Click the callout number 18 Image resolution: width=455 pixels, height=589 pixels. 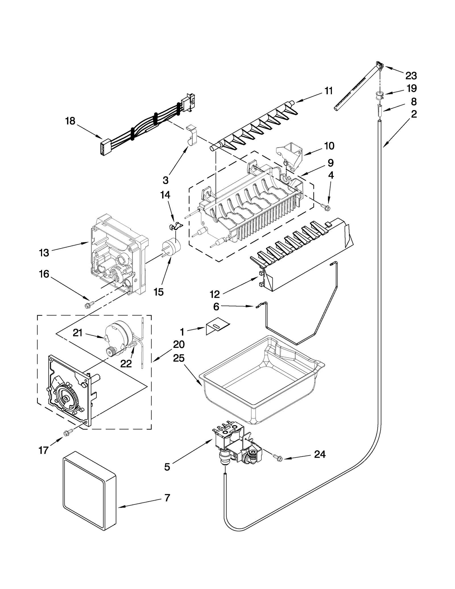70,121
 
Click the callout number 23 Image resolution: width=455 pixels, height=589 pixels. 411,76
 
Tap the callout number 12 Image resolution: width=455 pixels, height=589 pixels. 215,294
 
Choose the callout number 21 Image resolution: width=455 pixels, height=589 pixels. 78,332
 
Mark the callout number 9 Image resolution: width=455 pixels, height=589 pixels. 330,163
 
